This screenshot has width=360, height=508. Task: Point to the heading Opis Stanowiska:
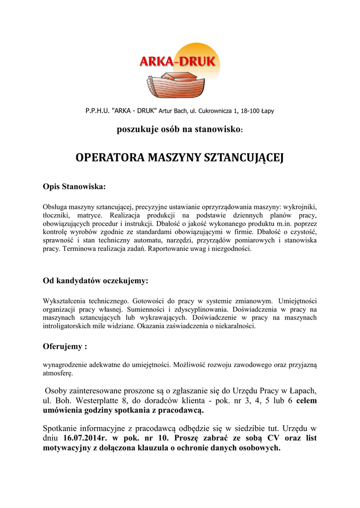[x=74, y=187]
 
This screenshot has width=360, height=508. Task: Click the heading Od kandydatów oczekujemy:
[x=95, y=281]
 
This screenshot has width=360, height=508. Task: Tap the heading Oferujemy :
[x=65, y=346]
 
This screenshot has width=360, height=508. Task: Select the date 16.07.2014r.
[x=85, y=438]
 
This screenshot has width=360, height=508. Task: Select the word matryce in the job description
[x=90, y=215]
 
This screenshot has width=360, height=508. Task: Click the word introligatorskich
[x=70, y=326]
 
